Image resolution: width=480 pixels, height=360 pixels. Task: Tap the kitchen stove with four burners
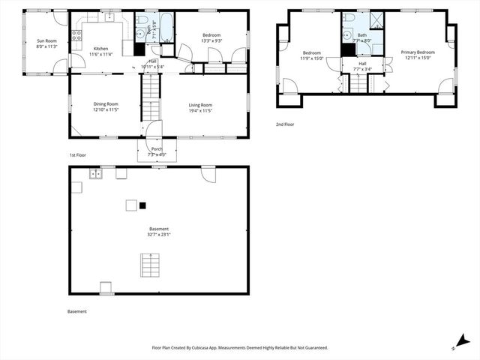76,34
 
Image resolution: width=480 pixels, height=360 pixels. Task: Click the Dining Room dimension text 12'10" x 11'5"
106,110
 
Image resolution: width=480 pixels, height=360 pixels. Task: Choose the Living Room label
200,105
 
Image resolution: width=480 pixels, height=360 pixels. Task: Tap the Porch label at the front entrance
157,148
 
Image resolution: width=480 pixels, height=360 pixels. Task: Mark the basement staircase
151,265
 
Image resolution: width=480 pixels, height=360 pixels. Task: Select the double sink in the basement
96,174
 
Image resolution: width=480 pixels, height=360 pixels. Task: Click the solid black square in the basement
142,205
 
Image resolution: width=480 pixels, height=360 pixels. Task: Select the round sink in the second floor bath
347,34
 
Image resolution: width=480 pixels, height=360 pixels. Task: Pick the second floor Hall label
362,64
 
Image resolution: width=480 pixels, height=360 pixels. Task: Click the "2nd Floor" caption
285,124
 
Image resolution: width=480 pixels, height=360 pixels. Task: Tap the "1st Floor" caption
78,155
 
